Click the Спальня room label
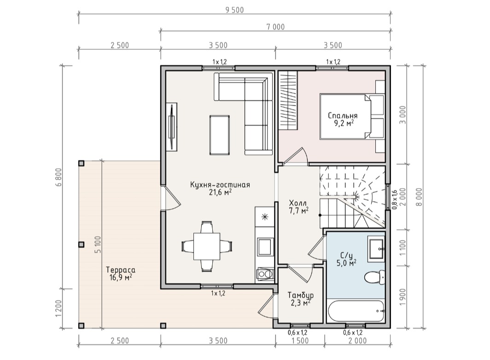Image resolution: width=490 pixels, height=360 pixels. click(343, 115)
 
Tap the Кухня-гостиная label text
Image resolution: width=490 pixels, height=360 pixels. click(220, 184)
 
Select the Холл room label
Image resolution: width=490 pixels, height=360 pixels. click(298, 202)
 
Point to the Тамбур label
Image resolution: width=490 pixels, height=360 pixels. click(301, 295)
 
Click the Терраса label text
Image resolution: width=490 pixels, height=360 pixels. click(121, 270)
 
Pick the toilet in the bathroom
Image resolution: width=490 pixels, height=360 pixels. click(375, 277)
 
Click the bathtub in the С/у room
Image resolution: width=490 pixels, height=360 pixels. click(356, 311)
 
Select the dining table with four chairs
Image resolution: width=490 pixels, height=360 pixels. click(207, 246)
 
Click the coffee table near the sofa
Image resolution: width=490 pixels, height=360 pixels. click(220, 135)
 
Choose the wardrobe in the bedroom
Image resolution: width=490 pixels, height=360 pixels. click(288, 100)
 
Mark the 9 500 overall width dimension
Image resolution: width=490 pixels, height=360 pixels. click(234, 10)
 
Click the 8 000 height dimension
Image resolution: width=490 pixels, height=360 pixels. click(420, 197)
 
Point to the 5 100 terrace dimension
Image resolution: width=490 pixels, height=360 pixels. click(98, 245)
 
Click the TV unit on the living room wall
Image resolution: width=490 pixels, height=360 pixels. click(172, 127)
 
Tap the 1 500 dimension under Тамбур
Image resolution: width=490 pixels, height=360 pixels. click(300, 341)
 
